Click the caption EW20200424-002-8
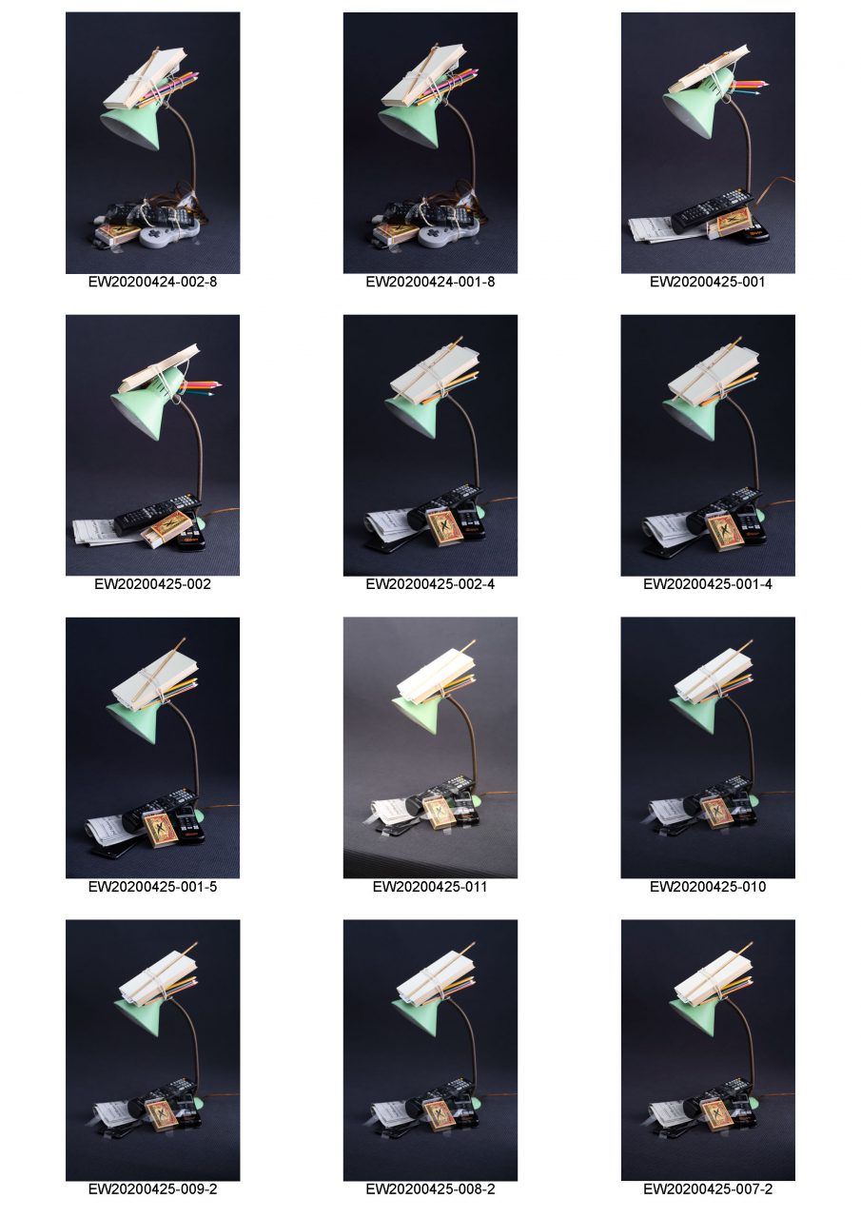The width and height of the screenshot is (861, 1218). [x=152, y=282]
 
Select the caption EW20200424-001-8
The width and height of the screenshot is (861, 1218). [x=430, y=282]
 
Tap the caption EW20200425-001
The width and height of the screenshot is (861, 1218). [x=707, y=282]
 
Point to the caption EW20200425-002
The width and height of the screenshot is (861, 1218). [x=152, y=584]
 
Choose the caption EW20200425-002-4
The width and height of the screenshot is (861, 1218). [x=430, y=584]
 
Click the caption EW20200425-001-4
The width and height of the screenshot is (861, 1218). [x=707, y=584]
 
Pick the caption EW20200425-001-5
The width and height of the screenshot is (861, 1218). [x=152, y=887]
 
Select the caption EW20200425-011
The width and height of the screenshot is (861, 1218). [x=430, y=887]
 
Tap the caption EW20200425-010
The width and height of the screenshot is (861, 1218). [x=707, y=887]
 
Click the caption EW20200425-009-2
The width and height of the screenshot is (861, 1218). [x=152, y=1189]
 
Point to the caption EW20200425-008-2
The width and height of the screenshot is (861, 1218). [x=430, y=1189]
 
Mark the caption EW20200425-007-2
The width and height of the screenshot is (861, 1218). [x=707, y=1189]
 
